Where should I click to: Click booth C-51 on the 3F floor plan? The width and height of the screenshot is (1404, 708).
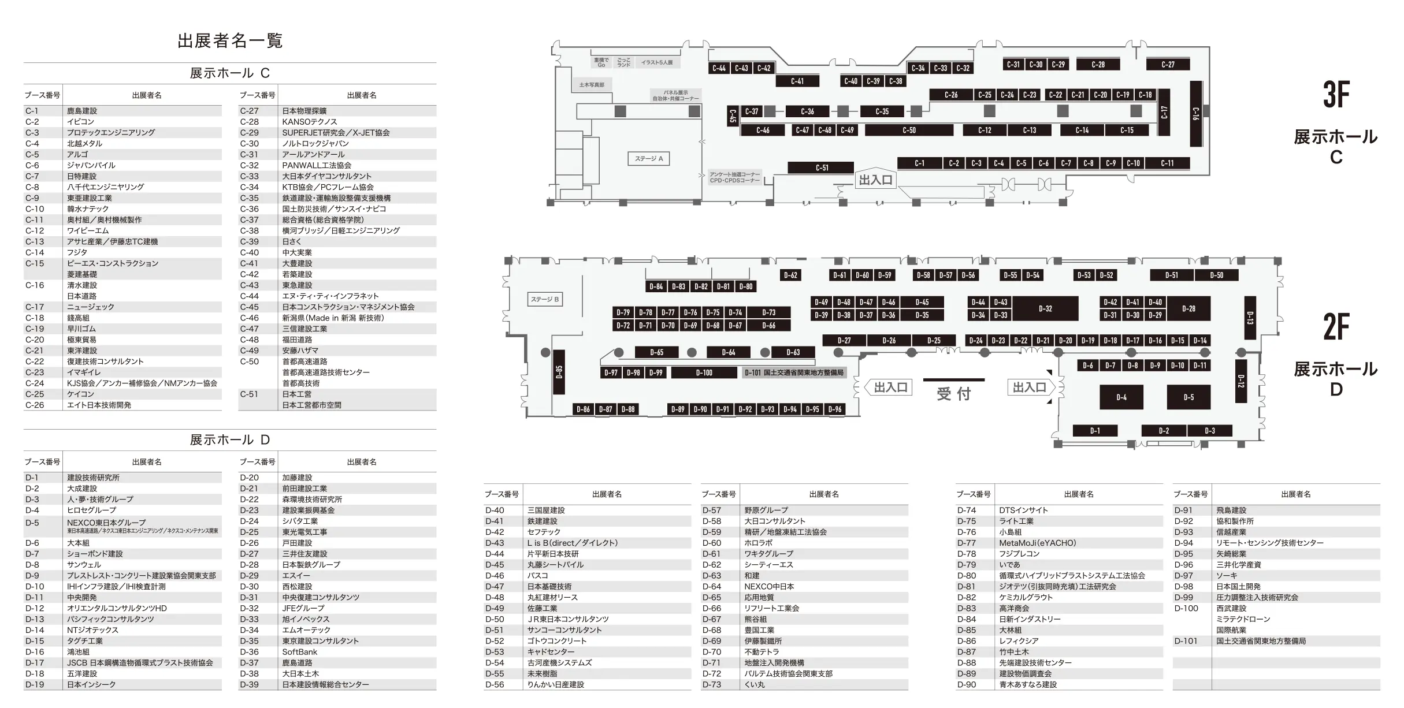click(821, 168)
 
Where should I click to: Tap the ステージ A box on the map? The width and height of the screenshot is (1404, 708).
click(648, 159)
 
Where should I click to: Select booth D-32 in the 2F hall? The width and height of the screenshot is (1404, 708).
click(1045, 308)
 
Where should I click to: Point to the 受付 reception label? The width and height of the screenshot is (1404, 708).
click(953, 394)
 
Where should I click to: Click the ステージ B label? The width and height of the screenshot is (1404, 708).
click(545, 299)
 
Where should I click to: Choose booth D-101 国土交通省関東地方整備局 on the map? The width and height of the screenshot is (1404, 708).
click(794, 373)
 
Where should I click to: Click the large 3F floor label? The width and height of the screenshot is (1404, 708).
click(1336, 94)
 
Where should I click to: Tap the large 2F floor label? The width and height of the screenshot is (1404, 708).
click(1336, 327)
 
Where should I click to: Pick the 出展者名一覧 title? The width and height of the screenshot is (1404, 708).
click(230, 41)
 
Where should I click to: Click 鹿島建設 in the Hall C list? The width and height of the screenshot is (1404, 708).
click(82, 111)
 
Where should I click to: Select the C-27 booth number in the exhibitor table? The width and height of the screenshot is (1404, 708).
click(250, 111)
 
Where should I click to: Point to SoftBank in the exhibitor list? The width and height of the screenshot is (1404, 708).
click(299, 652)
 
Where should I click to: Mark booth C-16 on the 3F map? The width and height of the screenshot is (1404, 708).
click(1196, 113)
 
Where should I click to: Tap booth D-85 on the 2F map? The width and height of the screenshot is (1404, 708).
click(559, 372)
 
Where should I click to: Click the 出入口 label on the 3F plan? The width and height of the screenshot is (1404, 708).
click(875, 180)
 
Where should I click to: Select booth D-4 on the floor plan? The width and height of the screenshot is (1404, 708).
click(1121, 397)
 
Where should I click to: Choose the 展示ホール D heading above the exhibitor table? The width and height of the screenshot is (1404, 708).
click(230, 440)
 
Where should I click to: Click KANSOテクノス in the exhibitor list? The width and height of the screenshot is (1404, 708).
click(309, 122)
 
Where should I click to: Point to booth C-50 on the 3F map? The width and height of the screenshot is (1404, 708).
click(909, 131)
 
